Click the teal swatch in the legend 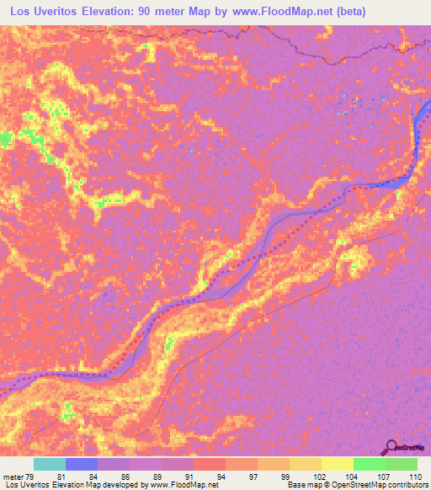click(x=50, y=464)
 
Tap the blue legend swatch click(x=82, y=464)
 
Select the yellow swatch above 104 click(x=337, y=464)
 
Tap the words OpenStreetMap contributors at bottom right click(x=385, y=485)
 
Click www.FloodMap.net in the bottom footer click(x=184, y=485)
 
